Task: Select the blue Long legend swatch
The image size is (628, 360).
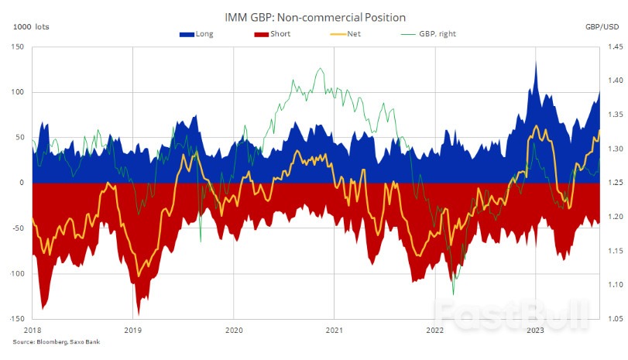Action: [x=187, y=34]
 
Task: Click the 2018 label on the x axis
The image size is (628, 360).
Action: [x=33, y=330]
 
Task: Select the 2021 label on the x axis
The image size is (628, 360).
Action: [x=334, y=330]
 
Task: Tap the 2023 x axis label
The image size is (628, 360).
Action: [x=534, y=330]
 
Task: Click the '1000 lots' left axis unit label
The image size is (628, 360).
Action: [x=29, y=27]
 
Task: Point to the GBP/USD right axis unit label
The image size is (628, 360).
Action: [x=602, y=27]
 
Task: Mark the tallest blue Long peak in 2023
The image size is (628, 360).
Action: [x=536, y=62]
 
